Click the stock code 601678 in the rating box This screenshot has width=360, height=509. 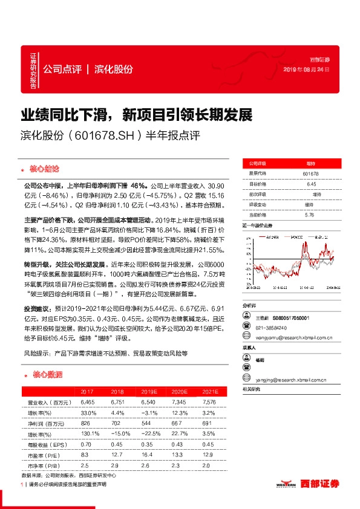pos(310,173)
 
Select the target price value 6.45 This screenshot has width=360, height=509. pos(311,184)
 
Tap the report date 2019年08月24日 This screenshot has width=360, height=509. pos(307,70)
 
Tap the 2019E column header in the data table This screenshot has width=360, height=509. pos(145,391)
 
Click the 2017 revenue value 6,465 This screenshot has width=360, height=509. pos(88,401)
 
